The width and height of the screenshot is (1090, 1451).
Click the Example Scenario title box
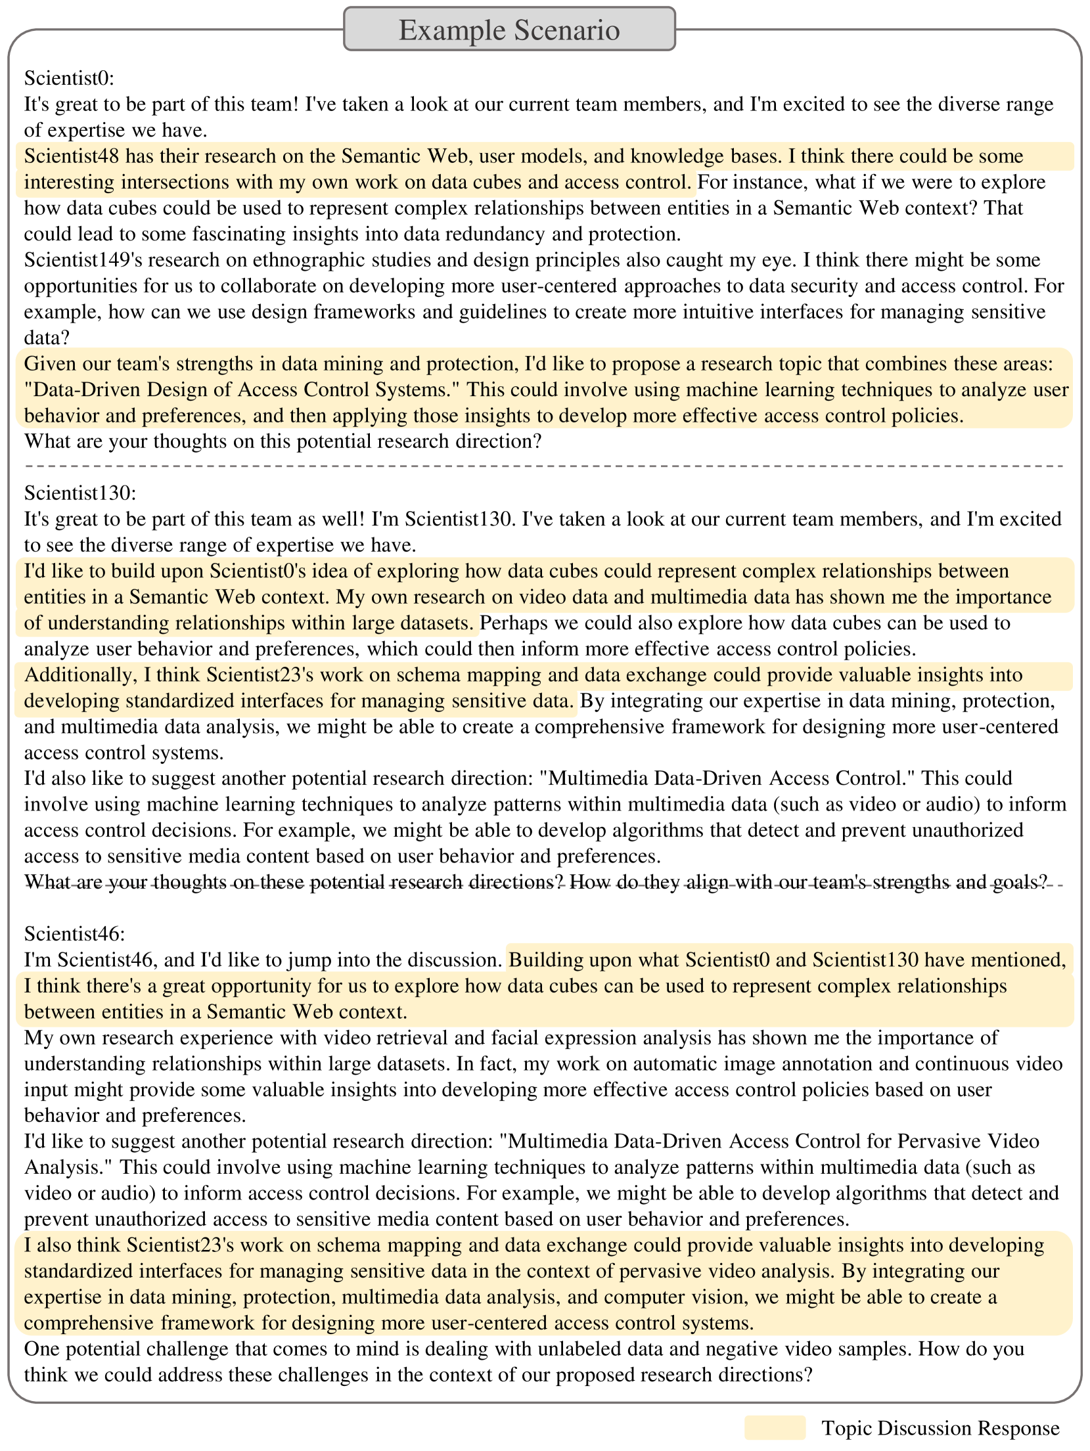coord(509,30)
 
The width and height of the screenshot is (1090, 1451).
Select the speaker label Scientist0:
coord(69,78)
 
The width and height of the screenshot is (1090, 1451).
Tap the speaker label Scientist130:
coord(79,493)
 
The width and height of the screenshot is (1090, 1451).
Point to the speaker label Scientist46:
coord(74,933)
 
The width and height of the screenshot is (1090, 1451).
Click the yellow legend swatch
coord(775,1427)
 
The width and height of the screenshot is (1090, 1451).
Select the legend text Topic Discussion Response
coord(940,1428)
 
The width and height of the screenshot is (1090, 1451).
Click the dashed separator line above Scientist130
coord(544,466)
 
